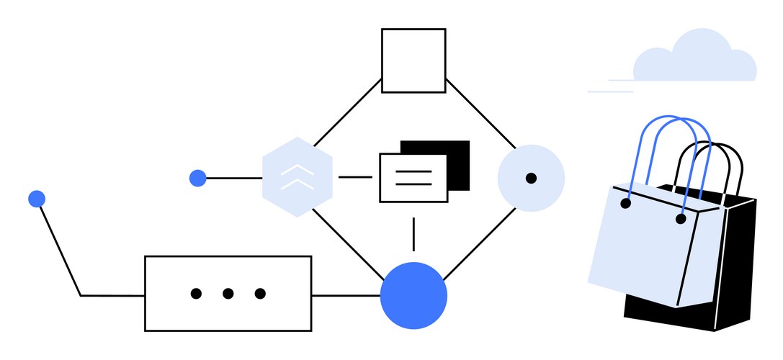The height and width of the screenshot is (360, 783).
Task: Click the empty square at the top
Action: point(413,60)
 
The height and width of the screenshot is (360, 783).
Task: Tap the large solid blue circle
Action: point(413,295)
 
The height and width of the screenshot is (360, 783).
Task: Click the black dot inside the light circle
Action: point(531,178)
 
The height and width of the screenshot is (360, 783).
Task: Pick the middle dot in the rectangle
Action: point(228,293)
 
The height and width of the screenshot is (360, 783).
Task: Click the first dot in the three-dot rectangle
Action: point(196,293)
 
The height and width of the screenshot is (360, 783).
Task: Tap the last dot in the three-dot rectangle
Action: point(260,293)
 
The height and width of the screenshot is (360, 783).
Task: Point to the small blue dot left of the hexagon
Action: point(197,178)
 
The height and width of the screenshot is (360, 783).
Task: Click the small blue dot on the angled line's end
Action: point(37,199)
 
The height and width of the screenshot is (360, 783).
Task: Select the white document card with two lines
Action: point(413,178)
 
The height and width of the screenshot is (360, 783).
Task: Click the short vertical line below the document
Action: point(413,233)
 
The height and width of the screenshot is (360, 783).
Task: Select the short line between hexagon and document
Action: point(355,177)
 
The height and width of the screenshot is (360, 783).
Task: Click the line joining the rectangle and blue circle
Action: point(346,295)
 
